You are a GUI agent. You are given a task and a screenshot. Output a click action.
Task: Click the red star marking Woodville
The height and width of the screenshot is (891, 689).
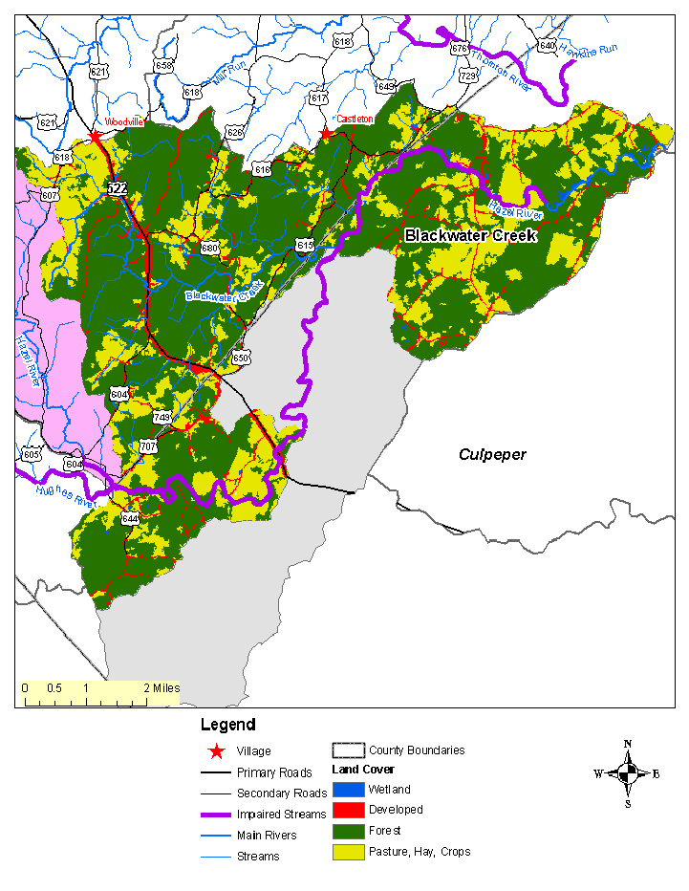pos(96,137)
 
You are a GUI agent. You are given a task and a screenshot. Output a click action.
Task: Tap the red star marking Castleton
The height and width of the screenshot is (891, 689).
pos(327,133)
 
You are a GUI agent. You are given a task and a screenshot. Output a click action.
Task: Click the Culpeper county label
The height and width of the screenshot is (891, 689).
pos(491,454)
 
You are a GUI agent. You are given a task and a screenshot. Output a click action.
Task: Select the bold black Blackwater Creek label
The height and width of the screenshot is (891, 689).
pos(471,235)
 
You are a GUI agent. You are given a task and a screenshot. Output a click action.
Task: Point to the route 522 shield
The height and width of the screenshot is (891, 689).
pos(117,188)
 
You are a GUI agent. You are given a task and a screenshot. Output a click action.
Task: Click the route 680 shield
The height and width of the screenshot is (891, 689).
pos(210,248)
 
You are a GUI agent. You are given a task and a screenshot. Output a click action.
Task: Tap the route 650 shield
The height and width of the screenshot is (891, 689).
pos(241,358)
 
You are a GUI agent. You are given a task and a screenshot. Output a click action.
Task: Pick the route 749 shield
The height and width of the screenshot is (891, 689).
pos(161,417)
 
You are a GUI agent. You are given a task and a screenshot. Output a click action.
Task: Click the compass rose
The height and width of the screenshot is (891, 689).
pos(627,773)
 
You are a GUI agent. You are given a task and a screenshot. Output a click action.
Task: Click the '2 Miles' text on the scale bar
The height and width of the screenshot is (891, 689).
pos(161,688)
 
